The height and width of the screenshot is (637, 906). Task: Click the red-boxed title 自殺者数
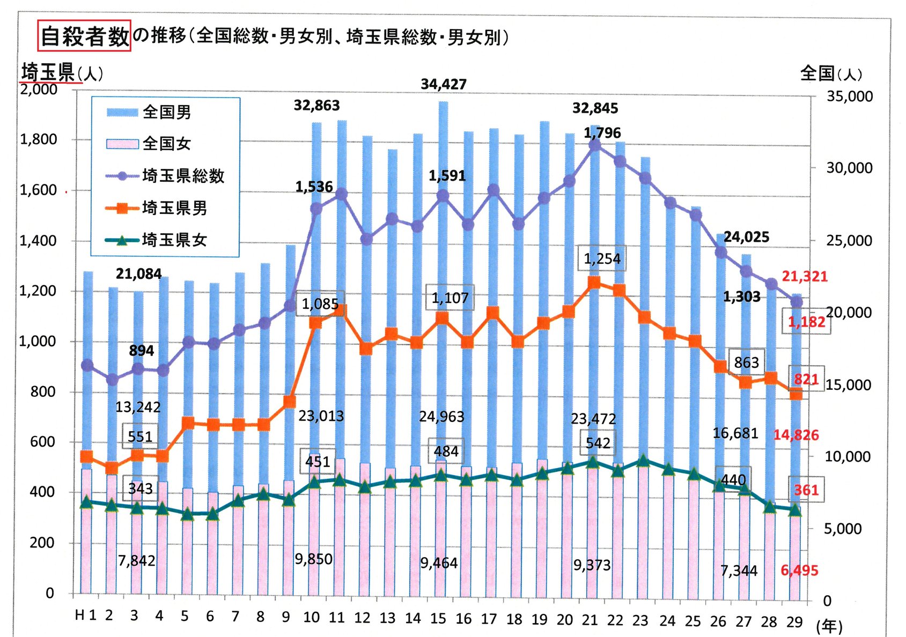click(85, 36)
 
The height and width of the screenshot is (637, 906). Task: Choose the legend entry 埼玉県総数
click(183, 176)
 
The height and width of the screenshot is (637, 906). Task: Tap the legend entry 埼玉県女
click(174, 240)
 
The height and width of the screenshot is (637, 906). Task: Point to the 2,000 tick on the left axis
click(39, 89)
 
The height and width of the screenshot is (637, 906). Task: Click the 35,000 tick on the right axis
click(850, 97)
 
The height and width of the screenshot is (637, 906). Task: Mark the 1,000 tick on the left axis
click(38, 341)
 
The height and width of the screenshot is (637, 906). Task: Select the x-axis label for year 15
click(438, 619)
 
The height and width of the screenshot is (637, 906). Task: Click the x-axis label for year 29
click(794, 622)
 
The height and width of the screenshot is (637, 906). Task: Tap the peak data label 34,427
click(444, 84)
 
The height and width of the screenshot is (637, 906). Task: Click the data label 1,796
click(602, 133)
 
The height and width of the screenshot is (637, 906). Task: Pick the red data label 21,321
click(804, 277)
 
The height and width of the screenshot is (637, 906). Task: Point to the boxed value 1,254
click(602, 259)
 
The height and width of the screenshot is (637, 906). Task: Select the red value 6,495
click(799, 571)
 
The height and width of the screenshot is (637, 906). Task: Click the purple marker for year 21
click(594, 144)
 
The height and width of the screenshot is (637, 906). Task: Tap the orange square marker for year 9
click(289, 402)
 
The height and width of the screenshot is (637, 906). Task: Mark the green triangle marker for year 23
click(644, 461)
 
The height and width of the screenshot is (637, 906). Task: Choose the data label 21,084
click(138, 274)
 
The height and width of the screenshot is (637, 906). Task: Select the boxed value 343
click(141, 489)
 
